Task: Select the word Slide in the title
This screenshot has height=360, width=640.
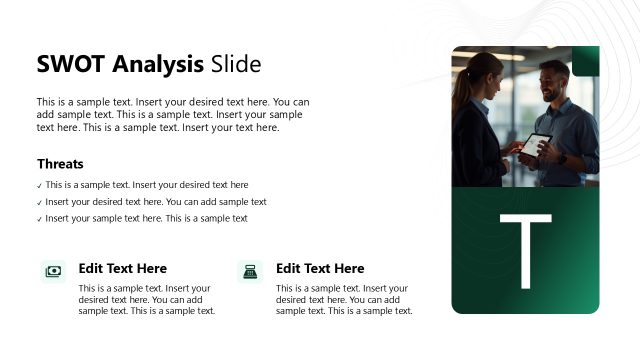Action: pos(236,65)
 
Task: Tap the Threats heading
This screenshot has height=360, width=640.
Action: pos(60,164)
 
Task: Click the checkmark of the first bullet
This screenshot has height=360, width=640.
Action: pos(39,186)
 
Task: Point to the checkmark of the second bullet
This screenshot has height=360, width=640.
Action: pos(39,203)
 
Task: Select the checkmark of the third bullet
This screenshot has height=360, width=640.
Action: pos(39,219)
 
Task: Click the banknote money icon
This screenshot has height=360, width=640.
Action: pos(53,271)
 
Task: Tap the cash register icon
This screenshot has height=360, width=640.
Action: pos(250,271)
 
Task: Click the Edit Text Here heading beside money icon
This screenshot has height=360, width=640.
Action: pos(122,269)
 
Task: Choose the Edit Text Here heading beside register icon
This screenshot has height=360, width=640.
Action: pos(320,269)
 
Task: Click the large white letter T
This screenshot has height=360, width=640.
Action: pos(525,251)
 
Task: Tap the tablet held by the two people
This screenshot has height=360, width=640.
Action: pos(536,144)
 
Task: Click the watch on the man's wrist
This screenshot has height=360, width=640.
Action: pos(563,158)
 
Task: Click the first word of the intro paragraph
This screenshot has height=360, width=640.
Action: pos(46,102)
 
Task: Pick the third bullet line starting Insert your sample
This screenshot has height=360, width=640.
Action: pos(146,219)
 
